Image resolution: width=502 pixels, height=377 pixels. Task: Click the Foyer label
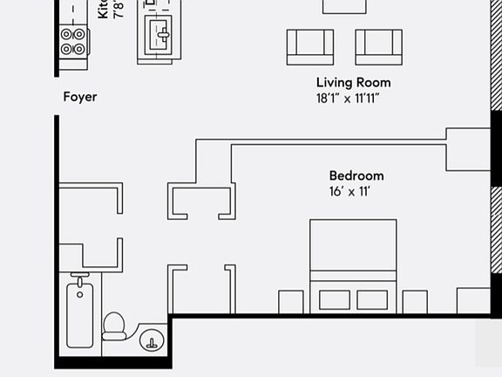79,97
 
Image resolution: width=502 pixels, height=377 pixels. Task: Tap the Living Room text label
353,83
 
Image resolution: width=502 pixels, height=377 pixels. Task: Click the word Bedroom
356,175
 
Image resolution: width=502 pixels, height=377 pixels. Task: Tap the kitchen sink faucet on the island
163,35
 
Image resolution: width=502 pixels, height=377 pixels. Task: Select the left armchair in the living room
310,46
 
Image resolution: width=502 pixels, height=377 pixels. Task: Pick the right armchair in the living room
378,46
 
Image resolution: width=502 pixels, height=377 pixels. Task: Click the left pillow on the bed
334,299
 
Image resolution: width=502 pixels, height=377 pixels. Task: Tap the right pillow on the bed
372,299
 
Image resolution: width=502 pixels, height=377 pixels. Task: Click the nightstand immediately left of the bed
291,302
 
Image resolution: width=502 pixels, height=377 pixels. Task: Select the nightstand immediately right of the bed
415,302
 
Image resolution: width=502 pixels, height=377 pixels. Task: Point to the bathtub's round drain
80,294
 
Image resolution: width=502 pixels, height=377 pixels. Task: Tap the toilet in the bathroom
114,325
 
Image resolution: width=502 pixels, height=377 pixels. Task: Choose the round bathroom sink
153,339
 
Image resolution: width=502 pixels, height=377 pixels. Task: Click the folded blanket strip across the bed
353,277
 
